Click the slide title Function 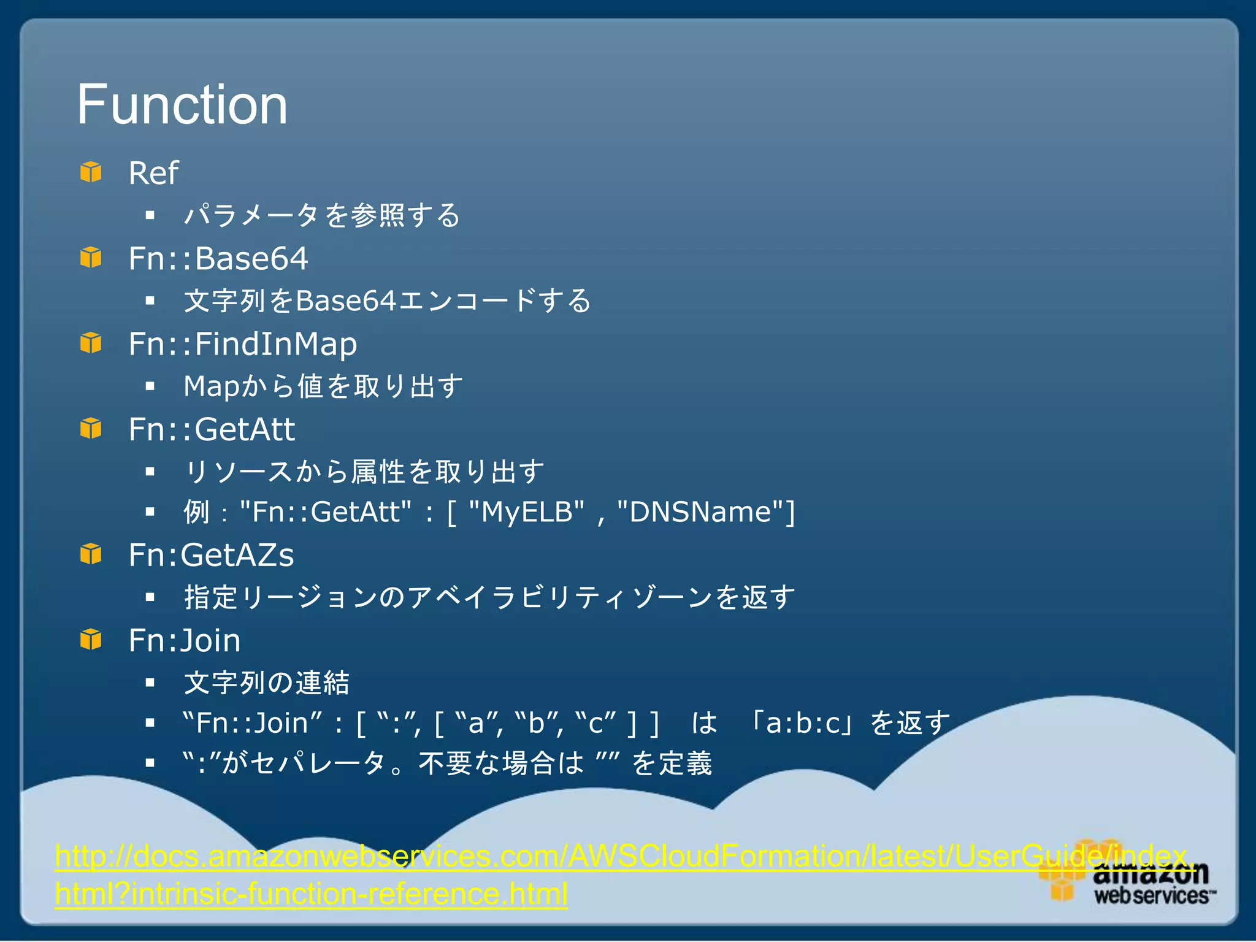182,105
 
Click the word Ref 153,174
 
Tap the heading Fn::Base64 218,259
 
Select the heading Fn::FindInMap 243,344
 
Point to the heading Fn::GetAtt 212,430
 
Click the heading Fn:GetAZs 211,556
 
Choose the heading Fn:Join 185,641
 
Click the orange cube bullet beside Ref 91,172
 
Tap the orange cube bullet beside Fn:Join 91,640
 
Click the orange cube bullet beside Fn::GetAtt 91,429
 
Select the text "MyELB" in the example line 526,512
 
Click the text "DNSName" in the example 700,512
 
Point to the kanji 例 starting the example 196,512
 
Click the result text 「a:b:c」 802,724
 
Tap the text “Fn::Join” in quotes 253,724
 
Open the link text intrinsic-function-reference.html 350,894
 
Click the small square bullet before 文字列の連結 150,683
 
